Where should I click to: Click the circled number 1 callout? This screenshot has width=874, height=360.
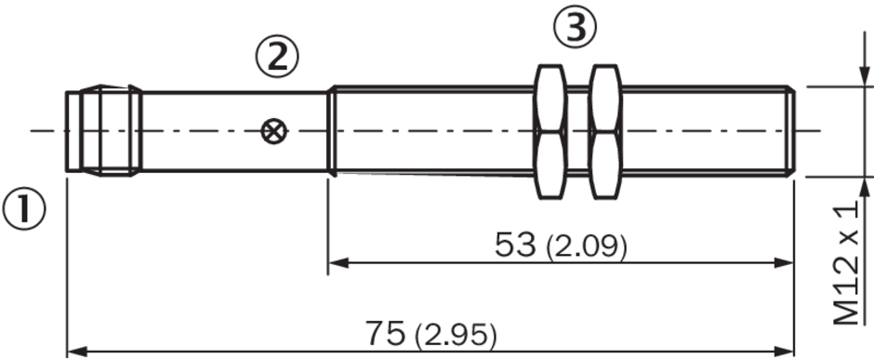(24, 209)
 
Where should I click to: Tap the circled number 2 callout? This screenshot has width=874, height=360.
(278, 57)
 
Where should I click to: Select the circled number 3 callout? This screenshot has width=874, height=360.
(575, 27)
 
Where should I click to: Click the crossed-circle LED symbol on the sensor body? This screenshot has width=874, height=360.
(274, 131)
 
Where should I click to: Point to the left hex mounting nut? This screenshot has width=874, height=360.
(550, 132)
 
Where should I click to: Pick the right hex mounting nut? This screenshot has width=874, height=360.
(605, 132)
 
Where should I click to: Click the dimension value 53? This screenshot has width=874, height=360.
(515, 245)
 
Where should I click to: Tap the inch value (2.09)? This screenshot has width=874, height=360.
(587, 247)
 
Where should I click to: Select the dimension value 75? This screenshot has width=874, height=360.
(385, 334)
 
